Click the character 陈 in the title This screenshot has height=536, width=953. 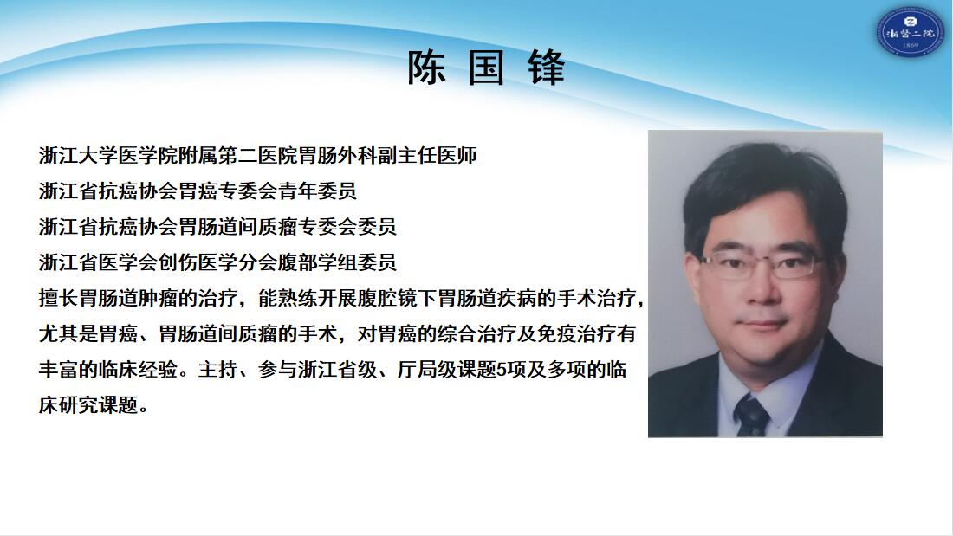[x=426, y=67]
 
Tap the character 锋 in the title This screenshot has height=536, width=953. [x=547, y=67]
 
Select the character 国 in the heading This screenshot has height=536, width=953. [x=486, y=67]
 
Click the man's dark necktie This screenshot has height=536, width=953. [x=751, y=415]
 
